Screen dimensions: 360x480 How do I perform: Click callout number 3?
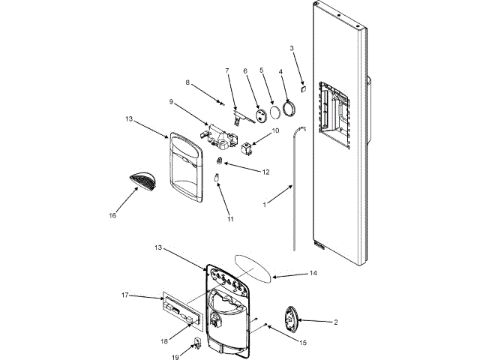click(x=292, y=49)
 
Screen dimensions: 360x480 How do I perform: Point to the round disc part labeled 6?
click(x=259, y=115)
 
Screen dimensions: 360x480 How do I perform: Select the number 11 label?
click(x=231, y=219)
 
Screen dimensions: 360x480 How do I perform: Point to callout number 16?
click(x=112, y=215)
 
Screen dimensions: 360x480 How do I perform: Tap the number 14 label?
click(x=314, y=274)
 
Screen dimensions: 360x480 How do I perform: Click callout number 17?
click(x=126, y=295)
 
